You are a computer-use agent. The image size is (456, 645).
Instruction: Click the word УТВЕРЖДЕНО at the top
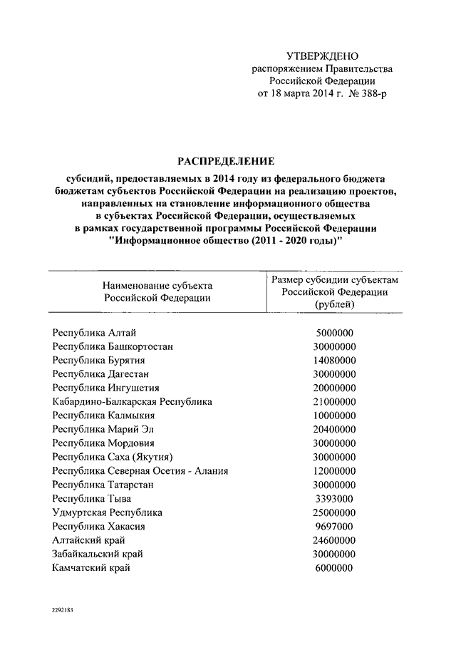coord(322,56)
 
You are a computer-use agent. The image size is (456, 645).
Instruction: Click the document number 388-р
coord(368,94)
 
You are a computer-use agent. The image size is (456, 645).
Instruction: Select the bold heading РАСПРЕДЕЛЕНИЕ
coord(225,161)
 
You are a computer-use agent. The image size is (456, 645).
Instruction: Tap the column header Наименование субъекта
coord(157,285)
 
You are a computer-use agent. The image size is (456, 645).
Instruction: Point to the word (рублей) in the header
coord(334,304)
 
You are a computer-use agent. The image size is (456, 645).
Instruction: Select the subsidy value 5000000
coord(334,333)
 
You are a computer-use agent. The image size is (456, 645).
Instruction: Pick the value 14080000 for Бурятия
coord(334,361)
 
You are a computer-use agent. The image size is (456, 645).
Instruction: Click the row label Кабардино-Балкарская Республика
coord(132,401)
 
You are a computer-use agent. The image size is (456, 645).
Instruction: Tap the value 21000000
coord(334,401)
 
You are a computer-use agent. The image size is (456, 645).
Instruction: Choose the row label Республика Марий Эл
coord(103,429)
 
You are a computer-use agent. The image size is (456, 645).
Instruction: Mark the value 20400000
coord(334,429)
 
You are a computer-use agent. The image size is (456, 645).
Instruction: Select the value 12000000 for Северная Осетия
coord(334,471)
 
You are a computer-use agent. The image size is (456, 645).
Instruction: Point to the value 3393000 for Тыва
coord(334,498)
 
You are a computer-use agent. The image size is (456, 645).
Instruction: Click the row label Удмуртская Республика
coord(107,512)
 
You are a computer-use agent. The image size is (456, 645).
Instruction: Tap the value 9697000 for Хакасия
coord(334,526)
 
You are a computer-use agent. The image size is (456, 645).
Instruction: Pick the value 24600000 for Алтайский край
coord(334,540)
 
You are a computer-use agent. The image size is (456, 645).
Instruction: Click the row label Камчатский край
coord(91,567)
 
